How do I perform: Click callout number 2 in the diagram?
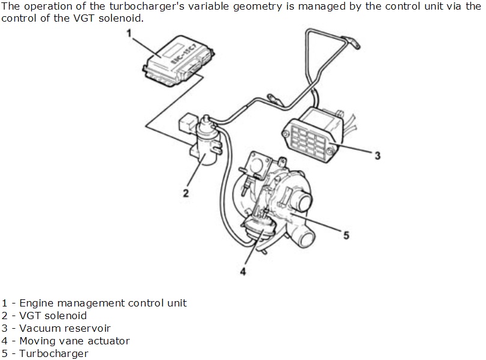tap(186, 193)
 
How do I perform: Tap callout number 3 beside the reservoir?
tap(377, 156)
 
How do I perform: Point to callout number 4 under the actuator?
tap(243, 271)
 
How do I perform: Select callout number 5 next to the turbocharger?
tap(346, 235)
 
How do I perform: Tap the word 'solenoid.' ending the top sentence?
tap(124, 18)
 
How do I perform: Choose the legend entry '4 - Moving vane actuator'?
tap(65, 341)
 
